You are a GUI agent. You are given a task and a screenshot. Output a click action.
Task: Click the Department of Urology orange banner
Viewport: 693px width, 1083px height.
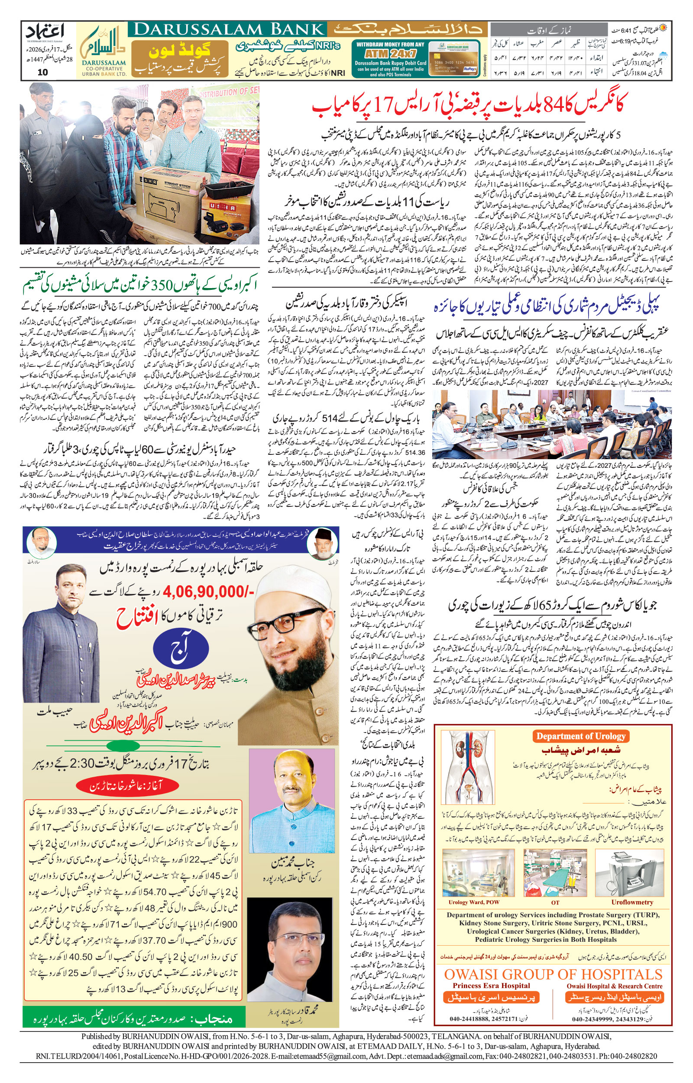[x=580, y=736]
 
